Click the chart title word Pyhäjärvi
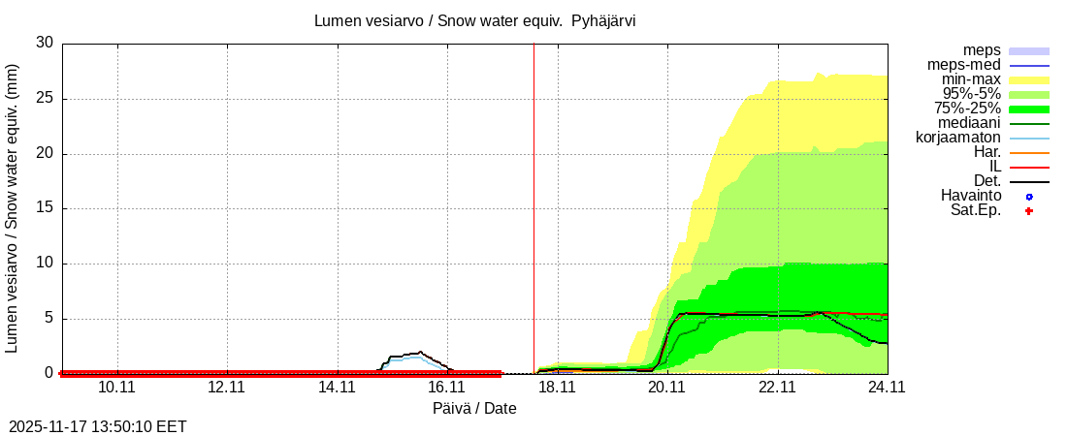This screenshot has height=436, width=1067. (x=603, y=20)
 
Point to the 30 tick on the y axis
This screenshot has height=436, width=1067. (x=45, y=43)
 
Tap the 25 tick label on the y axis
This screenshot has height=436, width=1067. (x=45, y=98)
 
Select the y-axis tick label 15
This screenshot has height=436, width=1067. (x=45, y=208)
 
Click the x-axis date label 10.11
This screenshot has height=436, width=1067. (x=116, y=388)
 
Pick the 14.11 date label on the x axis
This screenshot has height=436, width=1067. (x=337, y=388)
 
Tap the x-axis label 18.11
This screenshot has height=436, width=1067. (x=557, y=388)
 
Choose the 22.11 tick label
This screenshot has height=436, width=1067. (x=777, y=388)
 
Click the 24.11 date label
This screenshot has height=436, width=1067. (x=887, y=388)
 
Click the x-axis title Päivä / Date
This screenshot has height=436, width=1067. (x=474, y=409)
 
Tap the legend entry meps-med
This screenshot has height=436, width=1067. (x=963, y=65)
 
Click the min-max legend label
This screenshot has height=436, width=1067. (x=970, y=79)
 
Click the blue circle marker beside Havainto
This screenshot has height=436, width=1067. (x=1029, y=197)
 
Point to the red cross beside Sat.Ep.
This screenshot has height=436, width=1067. (x=1029, y=211)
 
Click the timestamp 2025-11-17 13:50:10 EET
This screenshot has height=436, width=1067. (x=98, y=426)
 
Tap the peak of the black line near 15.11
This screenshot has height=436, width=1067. (x=419, y=352)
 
